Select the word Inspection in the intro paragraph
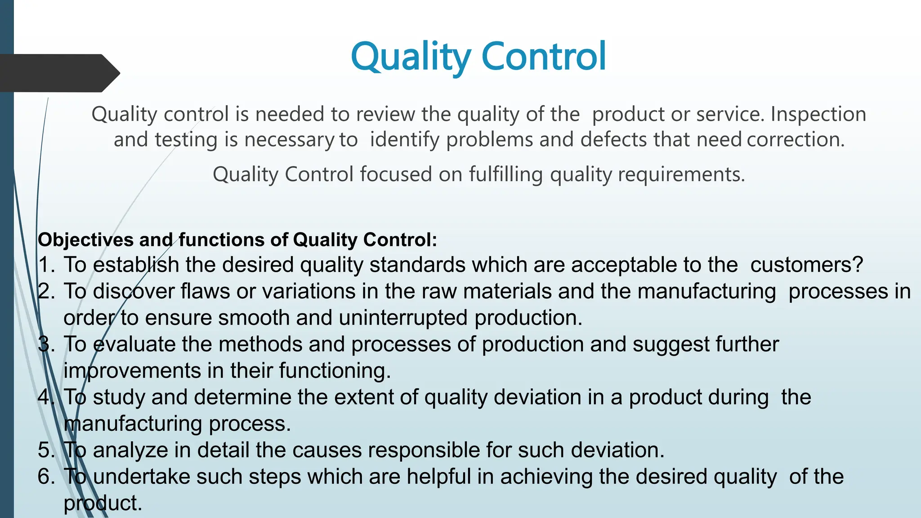[x=818, y=114]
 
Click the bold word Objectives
[x=85, y=240]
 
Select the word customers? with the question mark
[x=807, y=264]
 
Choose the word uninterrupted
[x=403, y=317]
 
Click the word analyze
[x=130, y=450]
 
